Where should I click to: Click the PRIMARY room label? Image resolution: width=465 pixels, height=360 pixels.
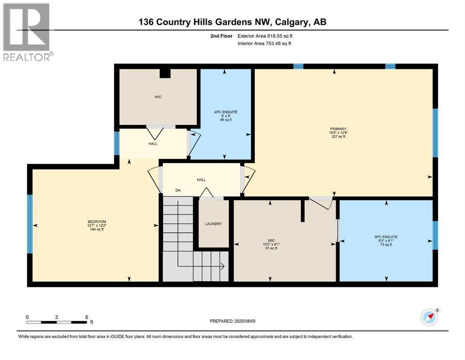[x=338, y=129]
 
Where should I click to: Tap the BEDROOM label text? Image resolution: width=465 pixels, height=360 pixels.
[x=96, y=222]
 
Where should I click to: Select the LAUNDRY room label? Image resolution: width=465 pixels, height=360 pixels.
[x=214, y=224]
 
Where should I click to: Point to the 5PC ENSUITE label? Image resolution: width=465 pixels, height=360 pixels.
[x=386, y=237]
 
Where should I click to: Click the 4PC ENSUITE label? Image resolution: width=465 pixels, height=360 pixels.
[x=226, y=112]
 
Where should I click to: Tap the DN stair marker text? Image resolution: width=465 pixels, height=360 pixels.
[x=178, y=190]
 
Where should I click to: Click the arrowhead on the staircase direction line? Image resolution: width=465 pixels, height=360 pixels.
[x=222, y=266]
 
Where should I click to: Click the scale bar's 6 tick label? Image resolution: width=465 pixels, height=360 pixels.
[x=87, y=317]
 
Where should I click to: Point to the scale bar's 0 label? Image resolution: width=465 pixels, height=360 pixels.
[x=27, y=317]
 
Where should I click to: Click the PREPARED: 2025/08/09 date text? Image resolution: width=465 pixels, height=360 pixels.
[x=232, y=321]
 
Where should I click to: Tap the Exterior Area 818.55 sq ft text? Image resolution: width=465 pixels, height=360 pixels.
[x=265, y=36]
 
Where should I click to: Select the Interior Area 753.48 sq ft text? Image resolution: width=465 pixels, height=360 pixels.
[x=264, y=43]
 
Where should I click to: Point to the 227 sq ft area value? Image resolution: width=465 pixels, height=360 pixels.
[x=339, y=136]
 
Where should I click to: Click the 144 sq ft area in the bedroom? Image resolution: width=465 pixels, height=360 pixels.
[x=96, y=229]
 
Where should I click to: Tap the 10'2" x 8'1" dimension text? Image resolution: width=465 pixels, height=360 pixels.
[x=271, y=244]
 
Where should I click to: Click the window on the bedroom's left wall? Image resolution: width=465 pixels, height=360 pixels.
[x=30, y=224]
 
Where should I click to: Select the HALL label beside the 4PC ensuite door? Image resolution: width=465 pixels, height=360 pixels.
[x=153, y=143]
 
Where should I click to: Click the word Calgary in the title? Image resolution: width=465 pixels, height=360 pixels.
[x=292, y=22]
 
